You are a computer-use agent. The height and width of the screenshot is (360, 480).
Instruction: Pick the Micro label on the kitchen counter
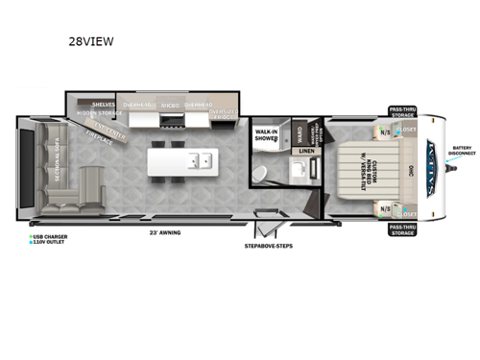point(170,105)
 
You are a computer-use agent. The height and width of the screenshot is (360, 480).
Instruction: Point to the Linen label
point(305,151)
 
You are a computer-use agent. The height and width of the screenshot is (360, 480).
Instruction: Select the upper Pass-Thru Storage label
point(403,113)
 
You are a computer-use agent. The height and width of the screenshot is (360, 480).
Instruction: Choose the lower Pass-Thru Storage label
point(403,229)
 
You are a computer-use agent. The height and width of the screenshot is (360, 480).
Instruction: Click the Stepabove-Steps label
point(268,246)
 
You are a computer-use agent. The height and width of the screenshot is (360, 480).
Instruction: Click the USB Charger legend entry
point(50,235)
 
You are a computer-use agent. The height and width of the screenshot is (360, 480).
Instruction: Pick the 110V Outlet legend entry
point(49,242)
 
